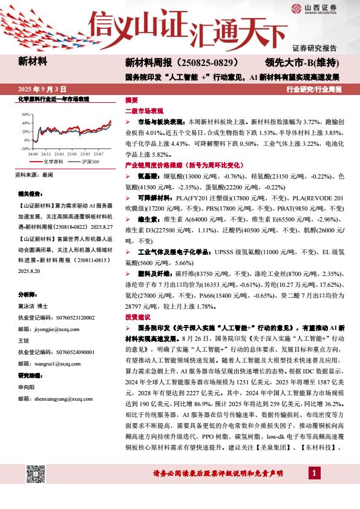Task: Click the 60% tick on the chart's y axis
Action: [x=26, y=114]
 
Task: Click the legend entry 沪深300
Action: [x=87, y=162]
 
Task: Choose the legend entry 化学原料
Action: [x=53, y=162]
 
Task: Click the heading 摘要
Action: [x=131, y=100]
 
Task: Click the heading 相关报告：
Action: [x=30, y=194]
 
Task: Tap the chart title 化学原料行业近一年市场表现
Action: [x=54, y=99]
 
